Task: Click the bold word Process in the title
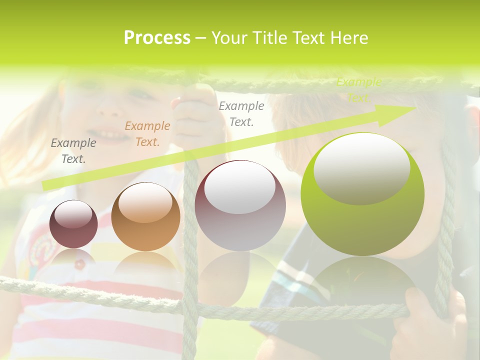pyautogui.click(x=157, y=38)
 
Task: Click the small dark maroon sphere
pyautogui.click(x=73, y=224)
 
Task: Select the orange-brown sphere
pyautogui.click(x=145, y=217)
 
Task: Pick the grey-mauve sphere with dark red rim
pyautogui.click(x=240, y=206)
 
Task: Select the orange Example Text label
pyautogui.click(x=147, y=134)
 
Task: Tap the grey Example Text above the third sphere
pyautogui.click(x=241, y=113)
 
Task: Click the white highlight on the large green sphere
pyautogui.click(x=361, y=167)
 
